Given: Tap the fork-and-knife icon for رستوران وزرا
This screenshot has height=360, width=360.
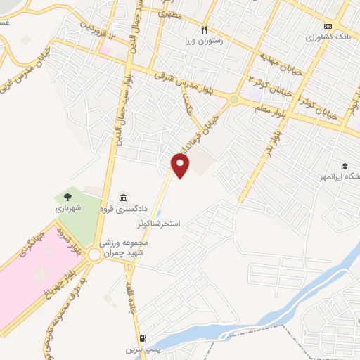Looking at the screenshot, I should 204,30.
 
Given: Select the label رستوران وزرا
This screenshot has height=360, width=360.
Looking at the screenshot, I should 204,41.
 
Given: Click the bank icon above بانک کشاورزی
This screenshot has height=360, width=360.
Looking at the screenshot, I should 327,26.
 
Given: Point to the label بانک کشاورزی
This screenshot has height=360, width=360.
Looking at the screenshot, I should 327,37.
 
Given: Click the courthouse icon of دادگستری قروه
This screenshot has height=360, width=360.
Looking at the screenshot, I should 124,197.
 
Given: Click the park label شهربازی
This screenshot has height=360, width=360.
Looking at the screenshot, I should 69,209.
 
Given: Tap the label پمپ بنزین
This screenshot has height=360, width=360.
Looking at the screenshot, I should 139,349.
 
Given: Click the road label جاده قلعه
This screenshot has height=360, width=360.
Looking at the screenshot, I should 131,298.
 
